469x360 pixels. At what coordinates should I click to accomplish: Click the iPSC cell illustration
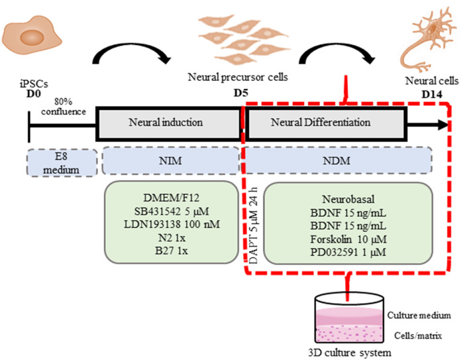[x=31, y=36]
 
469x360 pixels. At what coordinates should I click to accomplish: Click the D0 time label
[x=34, y=93]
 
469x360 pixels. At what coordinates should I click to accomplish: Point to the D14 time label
[x=432, y=95]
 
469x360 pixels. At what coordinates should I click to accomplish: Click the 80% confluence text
[x=64, y=107]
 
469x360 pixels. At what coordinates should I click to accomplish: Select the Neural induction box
[x=168, y=123]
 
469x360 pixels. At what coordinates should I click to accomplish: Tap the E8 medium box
[x=62, y=162]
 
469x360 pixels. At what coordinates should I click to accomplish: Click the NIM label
[x=170, y=161]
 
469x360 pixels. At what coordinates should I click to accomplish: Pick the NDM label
[x=337, y=161]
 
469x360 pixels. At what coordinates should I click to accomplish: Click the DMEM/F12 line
[x=171, y=198]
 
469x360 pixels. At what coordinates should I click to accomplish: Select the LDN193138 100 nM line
[x=172, y=225]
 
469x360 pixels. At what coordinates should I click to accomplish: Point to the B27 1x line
[x=172, y=251]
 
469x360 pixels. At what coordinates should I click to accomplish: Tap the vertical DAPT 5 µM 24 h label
[x=253, y=226]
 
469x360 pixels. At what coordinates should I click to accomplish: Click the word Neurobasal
[x=348, y=200]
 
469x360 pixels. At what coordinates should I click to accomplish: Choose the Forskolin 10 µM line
[x=348, y=239]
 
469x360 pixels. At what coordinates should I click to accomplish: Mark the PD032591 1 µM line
[x=348, y=253]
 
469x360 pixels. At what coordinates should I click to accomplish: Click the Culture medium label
[x=419, y=316]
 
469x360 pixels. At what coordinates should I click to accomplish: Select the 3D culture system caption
[x=350, y=353]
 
